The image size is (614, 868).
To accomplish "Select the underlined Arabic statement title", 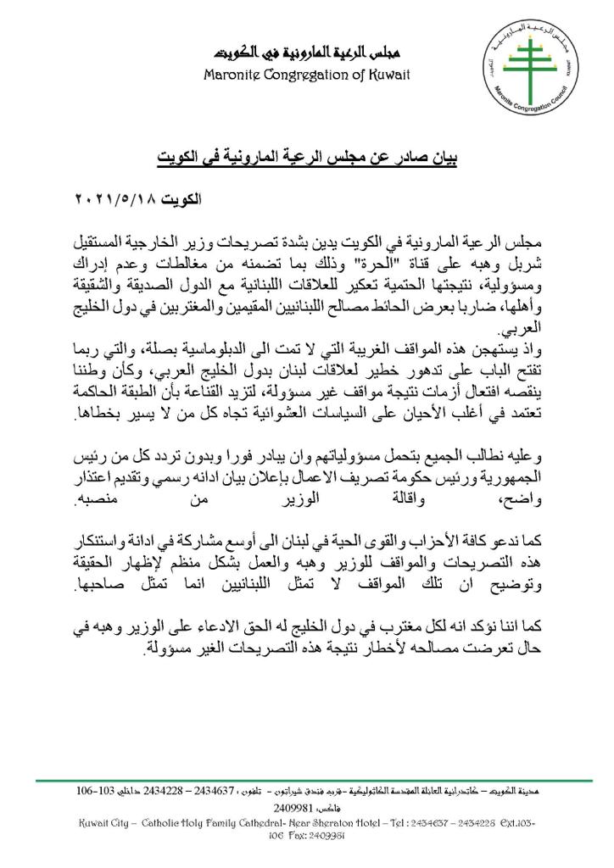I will coord(309,157).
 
